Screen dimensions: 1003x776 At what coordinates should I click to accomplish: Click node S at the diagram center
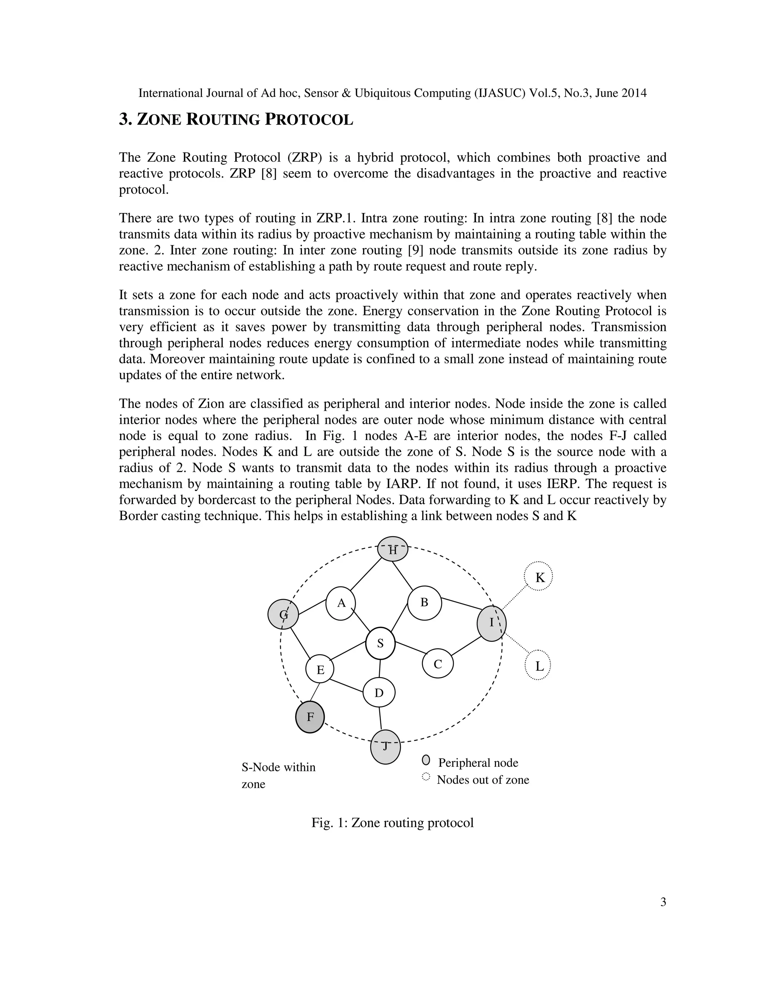tap(380, 643)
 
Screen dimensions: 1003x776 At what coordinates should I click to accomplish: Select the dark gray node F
tap(310, 716)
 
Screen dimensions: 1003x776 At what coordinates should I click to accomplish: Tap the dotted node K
tap(538, 576)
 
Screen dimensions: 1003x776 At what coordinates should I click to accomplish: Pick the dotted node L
tap(538, 665)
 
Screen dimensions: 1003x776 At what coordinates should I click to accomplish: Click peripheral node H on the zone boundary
tap(393, 549)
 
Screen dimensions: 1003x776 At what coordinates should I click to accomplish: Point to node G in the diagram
tap(283, 614)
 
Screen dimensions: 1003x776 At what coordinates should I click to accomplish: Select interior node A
tap(341, 603)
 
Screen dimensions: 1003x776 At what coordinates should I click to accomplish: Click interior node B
tap(424, 603)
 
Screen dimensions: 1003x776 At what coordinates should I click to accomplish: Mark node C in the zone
tap(438, 663)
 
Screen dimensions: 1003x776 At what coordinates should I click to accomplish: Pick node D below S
tap(379, 693)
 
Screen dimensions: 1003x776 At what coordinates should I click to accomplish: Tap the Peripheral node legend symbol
tap(426, 760)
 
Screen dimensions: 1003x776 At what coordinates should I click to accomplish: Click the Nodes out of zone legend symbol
tap(426, 777)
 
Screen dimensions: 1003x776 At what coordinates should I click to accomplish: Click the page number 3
tap(663, 902)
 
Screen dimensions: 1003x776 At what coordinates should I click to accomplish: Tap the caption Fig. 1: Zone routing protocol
tap(393, 822)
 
